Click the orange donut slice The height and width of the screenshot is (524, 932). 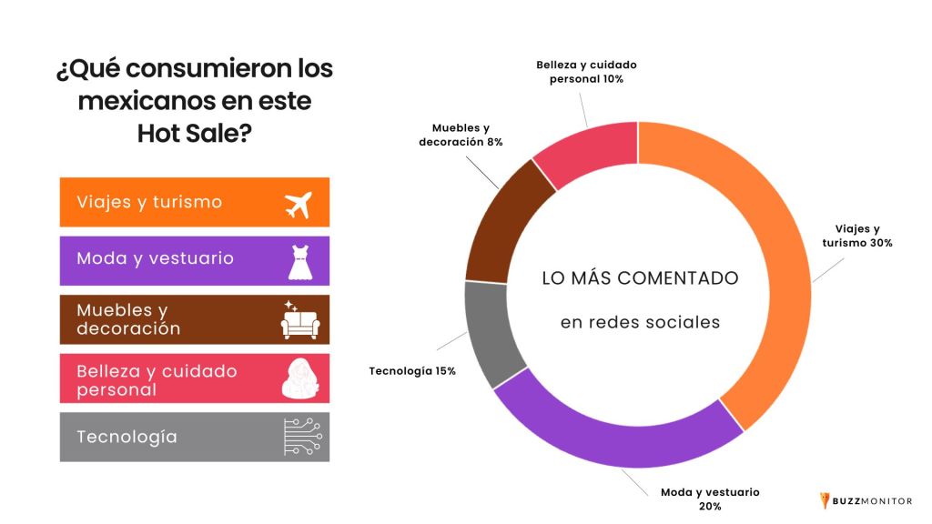[x=774, y=273]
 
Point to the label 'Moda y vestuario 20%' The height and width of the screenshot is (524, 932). [x=710, y=499]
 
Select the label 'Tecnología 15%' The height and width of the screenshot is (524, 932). [x=412, y=371]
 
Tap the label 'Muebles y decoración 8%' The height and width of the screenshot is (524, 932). [x=461, y=135]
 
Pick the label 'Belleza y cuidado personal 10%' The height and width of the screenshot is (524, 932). [x=586, y=72]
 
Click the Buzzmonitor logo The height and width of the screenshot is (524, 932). [x=866, y=500]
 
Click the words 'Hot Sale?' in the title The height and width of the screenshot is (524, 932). [x=195, y=133]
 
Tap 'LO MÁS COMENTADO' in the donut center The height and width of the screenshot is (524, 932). [x=640, y=278]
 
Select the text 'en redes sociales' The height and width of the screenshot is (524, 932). [x=640, y=322]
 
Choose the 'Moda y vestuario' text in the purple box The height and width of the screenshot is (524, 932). [x=155, y=258]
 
